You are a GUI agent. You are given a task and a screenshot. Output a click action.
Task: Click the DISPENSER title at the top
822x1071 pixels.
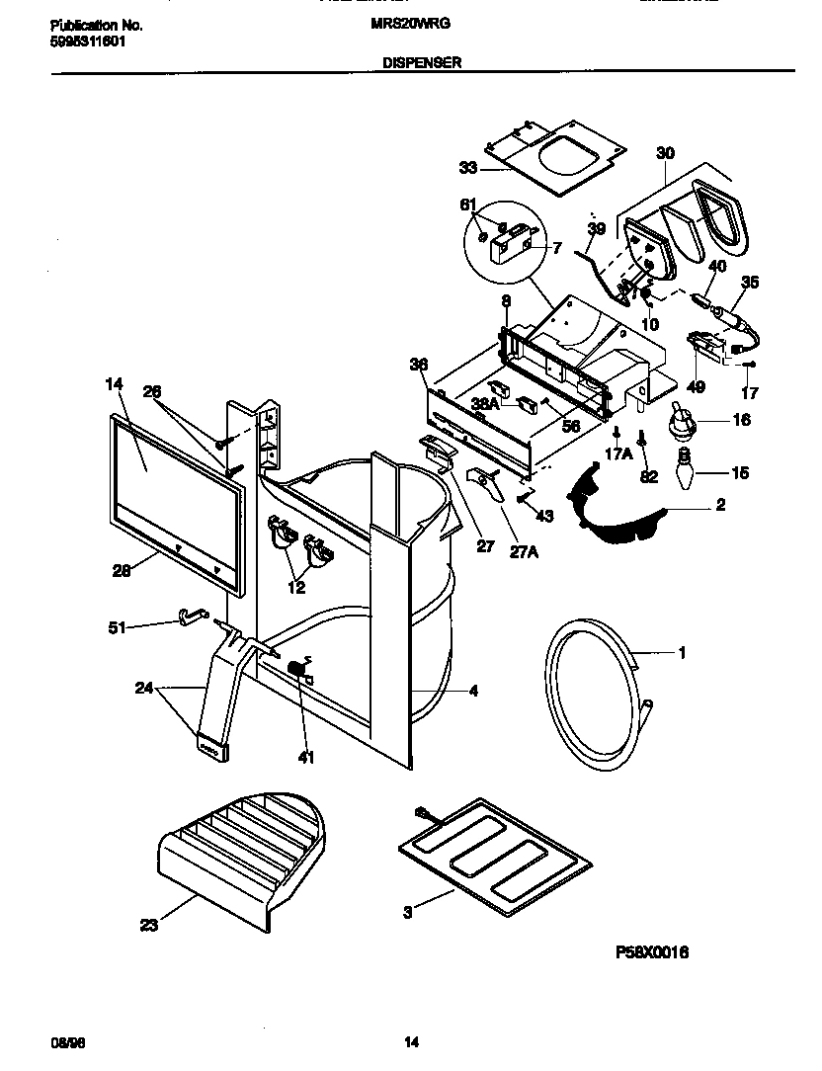422,61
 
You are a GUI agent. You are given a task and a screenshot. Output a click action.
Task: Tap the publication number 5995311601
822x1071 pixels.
88,42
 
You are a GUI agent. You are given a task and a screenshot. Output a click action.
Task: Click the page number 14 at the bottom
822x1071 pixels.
412,1042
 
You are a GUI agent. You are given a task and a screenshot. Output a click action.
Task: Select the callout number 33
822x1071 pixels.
466,168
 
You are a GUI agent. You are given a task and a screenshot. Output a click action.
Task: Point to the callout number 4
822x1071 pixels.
473,692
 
